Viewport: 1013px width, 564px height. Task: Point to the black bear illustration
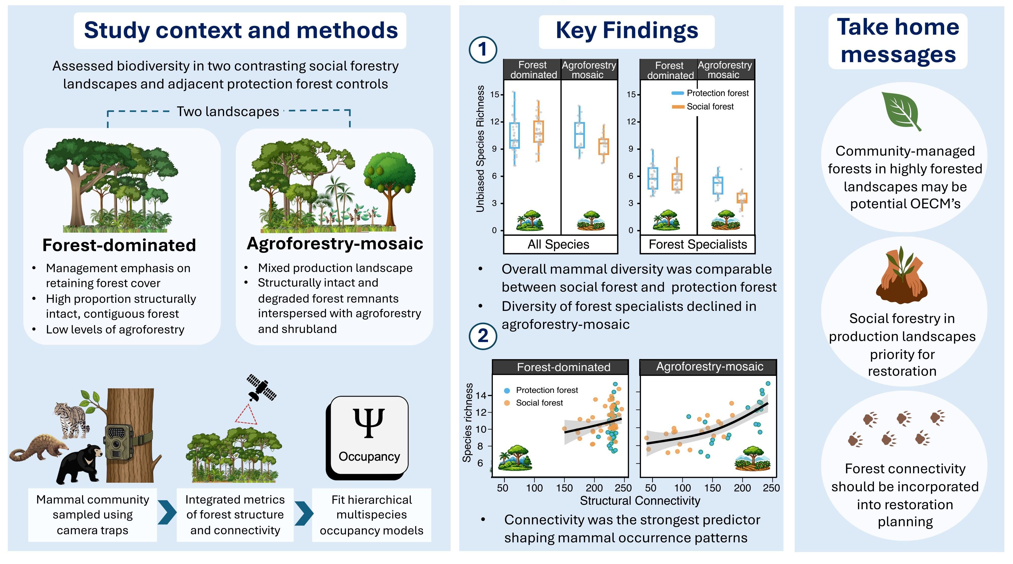pos(80,464)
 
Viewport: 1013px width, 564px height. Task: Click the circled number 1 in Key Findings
pos(483,50)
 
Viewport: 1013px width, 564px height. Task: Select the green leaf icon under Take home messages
pos(901,111)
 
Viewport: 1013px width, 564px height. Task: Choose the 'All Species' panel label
pos(558,245)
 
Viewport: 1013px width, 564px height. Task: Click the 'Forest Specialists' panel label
pos(698,245)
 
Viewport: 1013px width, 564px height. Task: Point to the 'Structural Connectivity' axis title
pos(640,501)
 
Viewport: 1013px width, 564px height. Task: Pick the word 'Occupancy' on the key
pos(369,457)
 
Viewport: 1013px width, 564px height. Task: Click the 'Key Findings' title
pos(627,30)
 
